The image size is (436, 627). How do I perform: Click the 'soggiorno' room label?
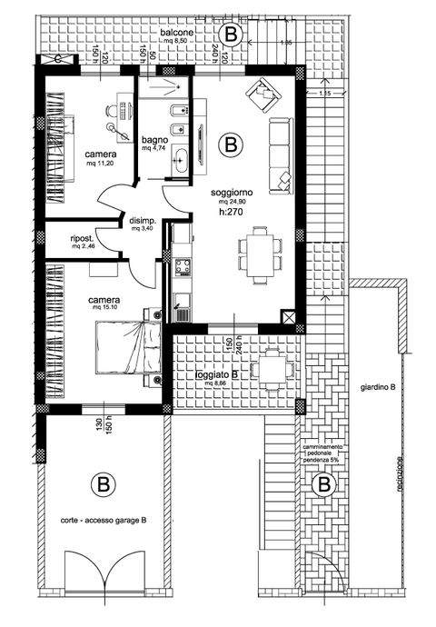click(x=232, y=194)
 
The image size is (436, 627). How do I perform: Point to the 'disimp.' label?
click(x=144, y=221)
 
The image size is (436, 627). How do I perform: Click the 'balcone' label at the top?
click(x=176, y=34)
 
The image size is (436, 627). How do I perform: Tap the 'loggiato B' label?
click(x=216, y=374)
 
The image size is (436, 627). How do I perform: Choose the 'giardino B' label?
click(x=377, y=387)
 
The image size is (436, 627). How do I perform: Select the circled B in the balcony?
click(x=233, y=35)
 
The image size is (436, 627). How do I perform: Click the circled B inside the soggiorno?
click(x=231, y=144)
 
